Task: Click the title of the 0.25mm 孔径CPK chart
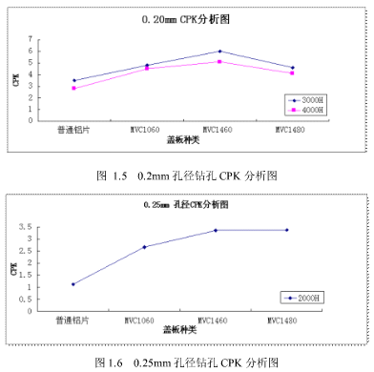pos(186,205)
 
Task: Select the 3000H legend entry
pos(307,99)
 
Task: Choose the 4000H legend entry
pos(307,110)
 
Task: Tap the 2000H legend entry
pos(305,298)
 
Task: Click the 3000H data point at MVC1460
pos(219,52)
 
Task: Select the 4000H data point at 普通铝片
pos(73,89)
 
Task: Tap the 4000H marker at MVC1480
pos(292,73)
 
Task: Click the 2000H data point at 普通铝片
pos(73,283)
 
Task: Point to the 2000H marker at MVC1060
pos(144,247)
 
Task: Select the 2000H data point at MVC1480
pos(287,230)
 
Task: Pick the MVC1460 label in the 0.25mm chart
pos(216,320)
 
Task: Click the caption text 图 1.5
pos(112,176)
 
